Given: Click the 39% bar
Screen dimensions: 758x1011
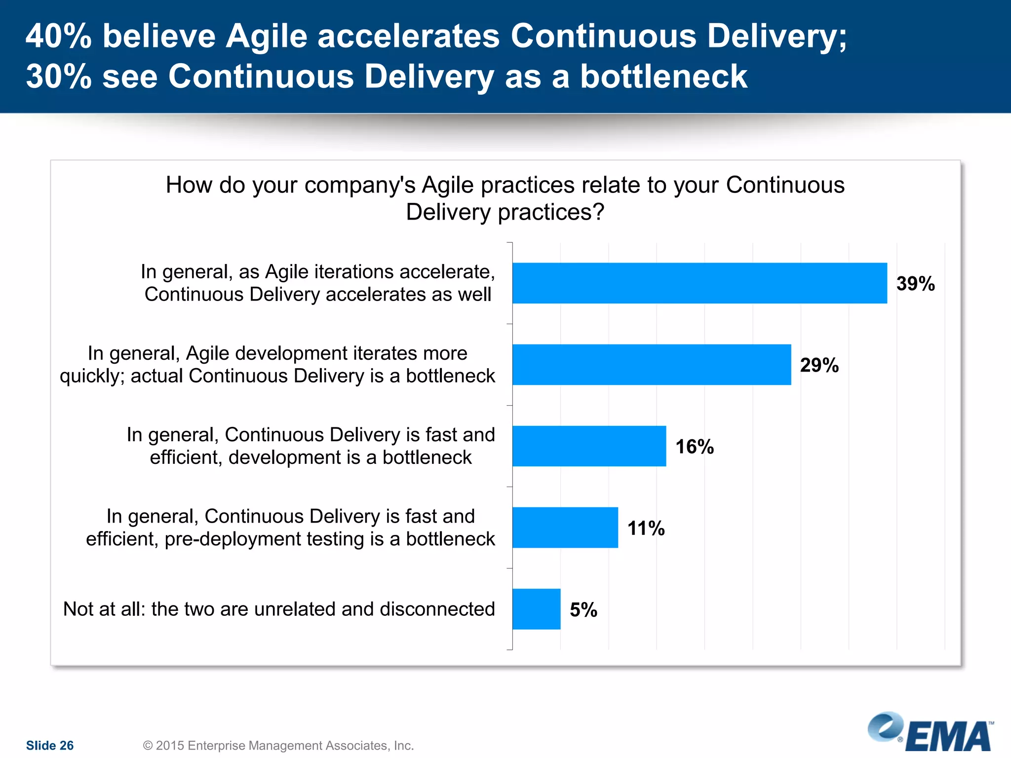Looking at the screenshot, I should click(x=699, y=283).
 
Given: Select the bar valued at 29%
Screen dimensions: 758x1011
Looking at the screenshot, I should click(x=652, y=365).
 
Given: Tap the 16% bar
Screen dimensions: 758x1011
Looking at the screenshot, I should click(x=589, y=446).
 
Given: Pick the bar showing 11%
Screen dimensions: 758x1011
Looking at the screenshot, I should click(x=565, y=528).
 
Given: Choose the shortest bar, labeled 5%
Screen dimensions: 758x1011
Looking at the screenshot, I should click(x=536, y=609).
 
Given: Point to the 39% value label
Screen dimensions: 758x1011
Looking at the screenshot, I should click(x=915, y=284).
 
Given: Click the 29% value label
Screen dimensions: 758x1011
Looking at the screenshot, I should click(x=819, y=365).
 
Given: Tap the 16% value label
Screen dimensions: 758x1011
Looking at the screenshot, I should click(x=694, y=447).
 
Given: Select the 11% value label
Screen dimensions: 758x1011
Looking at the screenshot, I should click(x=646, y=528).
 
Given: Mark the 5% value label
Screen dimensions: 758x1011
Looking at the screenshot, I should click(x=583, y=610).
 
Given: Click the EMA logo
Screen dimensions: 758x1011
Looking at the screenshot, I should click(x=931, y=734).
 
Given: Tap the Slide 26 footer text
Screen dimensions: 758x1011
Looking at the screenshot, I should click(x=49, y=745).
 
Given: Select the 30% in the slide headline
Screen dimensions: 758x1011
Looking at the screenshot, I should click(x=58, y=76).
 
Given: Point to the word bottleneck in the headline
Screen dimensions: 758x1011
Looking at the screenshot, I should click(x=663, y=76).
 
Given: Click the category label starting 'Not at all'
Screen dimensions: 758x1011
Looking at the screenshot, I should click(x=279, y=609).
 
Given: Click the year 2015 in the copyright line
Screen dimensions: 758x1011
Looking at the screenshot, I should click(x=170, y=745).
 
